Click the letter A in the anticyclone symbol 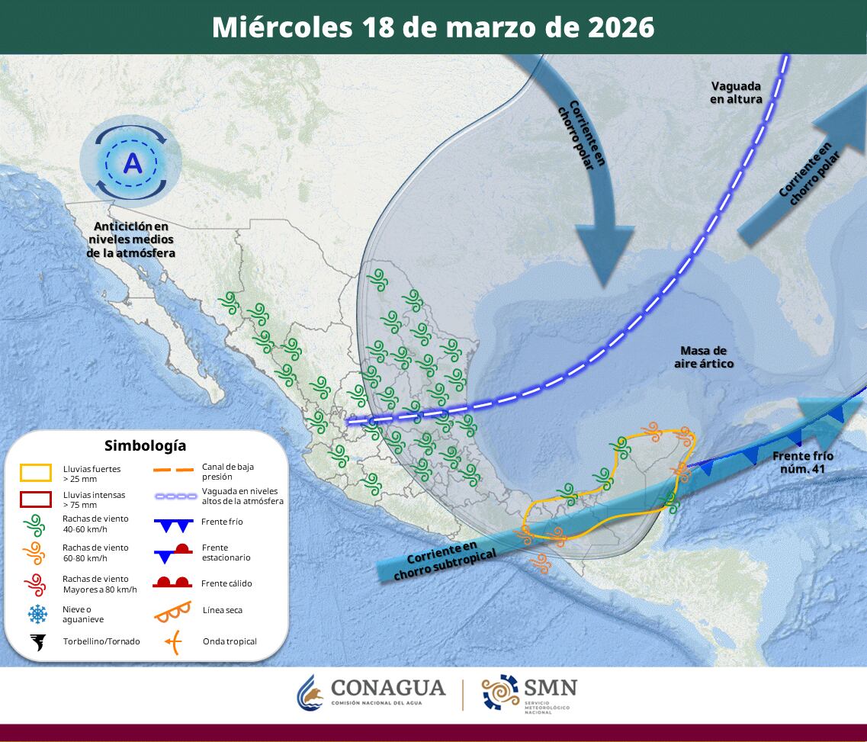pos(133,162)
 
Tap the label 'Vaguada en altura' pos(736,92)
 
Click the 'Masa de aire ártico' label pos(704,357)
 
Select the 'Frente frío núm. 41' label pos(802,462)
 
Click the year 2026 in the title pos(621,27)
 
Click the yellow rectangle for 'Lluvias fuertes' pos(36,473)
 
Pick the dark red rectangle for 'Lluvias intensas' pos(36,499)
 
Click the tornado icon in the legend pos(37,642)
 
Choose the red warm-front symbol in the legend pos(172,583)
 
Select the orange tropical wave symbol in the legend pos(173,641)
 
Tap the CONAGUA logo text pos(387,689)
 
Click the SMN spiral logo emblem pos(500,693)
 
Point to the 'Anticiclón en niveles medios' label pos(130,239)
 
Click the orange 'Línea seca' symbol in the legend pos(172,610)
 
